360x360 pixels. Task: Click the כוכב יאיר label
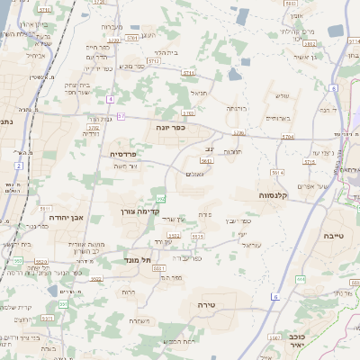pyautogui.click(x=295, y=338)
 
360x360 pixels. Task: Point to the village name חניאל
pyautogui.click(x=198, y=91)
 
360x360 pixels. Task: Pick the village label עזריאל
pyautogui.click(x=250, y=244)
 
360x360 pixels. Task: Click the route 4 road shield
pyautogui.click(x=110, y=98)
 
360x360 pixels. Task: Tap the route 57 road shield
pyautogui.click(x=121, y=117)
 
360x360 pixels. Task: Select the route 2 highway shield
pyautogui.click(x=18, y=166)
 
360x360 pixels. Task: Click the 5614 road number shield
pyautogui.click(x=278, y=171)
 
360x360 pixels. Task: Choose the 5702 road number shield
pyautogui.click(x=94, y=128)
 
